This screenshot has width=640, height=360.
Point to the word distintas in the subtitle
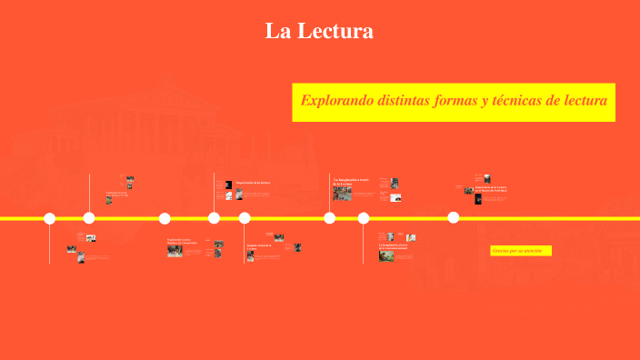[414, 100]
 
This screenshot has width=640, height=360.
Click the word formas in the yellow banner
[475, 100]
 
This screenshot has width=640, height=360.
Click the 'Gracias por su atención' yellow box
[521, 250]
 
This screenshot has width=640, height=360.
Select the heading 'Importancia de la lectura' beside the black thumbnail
[253, 183]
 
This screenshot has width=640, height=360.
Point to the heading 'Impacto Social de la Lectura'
[258, 246]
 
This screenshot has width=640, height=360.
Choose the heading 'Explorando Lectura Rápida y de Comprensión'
[182, 242]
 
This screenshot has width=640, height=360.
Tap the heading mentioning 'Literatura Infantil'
[398, 246]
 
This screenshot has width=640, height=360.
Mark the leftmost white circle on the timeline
[50, 218]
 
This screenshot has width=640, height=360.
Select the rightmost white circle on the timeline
[453, 218]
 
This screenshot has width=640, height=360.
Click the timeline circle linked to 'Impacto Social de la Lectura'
[245, 218]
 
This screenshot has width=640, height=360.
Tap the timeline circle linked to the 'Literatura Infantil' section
[364, 218]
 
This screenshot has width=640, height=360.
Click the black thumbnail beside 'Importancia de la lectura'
[228, 184]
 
